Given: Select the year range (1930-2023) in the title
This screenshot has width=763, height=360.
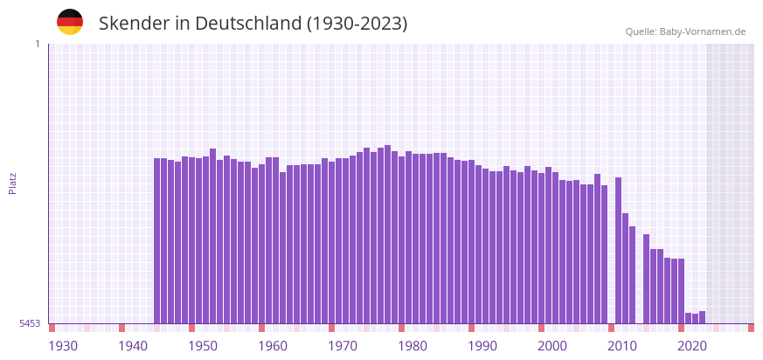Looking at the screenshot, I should point(357,24).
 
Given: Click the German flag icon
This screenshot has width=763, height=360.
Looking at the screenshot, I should point(70,22).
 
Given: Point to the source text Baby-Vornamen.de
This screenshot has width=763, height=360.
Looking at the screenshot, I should point(702,31).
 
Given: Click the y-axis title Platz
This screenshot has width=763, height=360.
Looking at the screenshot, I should point(12,183).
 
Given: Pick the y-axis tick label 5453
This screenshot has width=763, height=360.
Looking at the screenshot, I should point(30,323).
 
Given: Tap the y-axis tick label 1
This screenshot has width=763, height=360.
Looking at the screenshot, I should point(37,44).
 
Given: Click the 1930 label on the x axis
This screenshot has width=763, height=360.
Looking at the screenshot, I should point(63,346).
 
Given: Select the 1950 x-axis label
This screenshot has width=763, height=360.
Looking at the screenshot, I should point(203,346).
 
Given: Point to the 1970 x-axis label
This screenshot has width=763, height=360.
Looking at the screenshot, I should point(343,346).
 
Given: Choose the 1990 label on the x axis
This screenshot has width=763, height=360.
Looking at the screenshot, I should point(482,346).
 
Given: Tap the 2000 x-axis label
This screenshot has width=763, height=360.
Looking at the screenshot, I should point(552,346).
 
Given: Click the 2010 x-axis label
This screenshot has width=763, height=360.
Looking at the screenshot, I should point(622,346).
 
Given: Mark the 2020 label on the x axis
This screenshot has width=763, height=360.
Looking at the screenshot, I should point(692,346).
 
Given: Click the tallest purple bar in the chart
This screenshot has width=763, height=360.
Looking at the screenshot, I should point(387,236).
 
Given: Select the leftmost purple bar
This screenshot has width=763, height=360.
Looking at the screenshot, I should point(157,240).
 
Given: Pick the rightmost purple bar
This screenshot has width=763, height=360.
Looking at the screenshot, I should point(702,317).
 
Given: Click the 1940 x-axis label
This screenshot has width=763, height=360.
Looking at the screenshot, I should point(133,346).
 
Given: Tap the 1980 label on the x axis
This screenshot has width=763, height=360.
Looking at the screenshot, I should point(413,346).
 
